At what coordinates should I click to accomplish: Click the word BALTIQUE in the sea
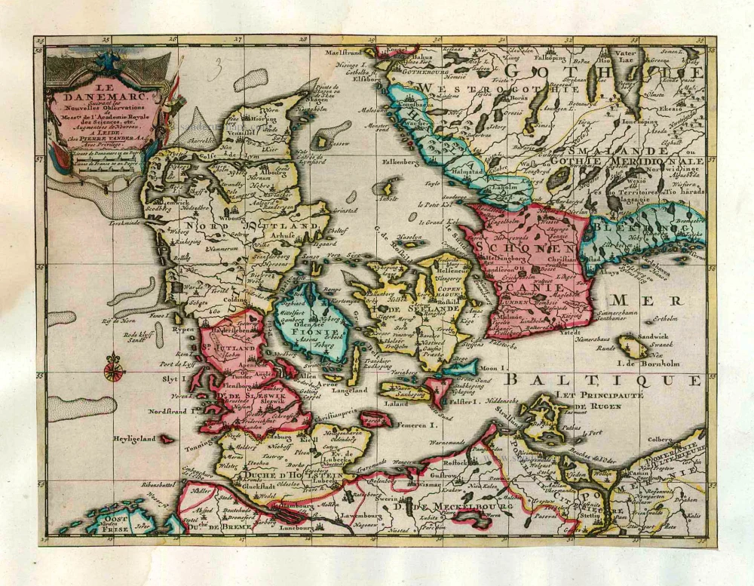pos(603,380)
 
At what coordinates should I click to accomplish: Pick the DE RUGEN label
pos(596,407)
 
